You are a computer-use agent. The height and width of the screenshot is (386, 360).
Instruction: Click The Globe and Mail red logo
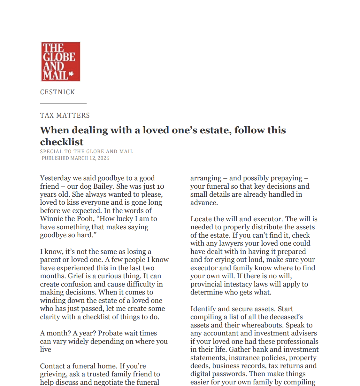point(61,61)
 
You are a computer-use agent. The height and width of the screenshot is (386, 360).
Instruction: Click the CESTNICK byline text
point(57,92)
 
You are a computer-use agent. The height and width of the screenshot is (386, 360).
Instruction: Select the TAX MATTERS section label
point(65,115)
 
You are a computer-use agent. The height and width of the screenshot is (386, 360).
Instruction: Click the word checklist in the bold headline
point(62,142)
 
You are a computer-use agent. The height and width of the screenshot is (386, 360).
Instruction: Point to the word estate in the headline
point(214,130)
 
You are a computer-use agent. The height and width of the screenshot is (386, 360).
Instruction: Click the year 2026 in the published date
point(103,158)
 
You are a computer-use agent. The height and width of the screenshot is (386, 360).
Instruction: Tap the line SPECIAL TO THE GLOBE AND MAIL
point(87,152)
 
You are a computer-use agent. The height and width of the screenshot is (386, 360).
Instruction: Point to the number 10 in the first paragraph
point(160,186)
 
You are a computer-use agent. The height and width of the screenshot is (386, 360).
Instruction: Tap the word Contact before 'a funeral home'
point(52,366)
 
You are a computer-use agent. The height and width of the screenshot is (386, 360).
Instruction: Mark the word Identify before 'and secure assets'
point(203,309)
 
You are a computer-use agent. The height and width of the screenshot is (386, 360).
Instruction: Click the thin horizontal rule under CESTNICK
point(63,103)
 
